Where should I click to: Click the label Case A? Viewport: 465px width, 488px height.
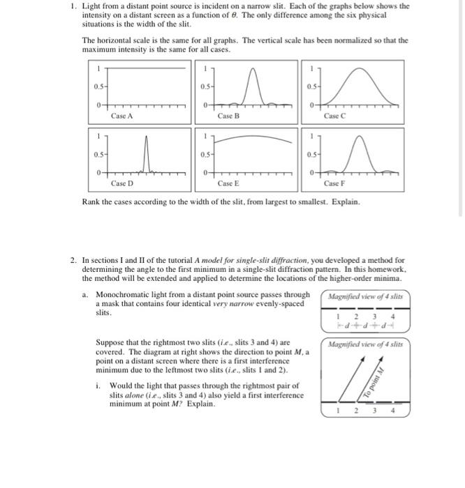(123, 116)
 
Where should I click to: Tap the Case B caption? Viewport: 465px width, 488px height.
(229, 116)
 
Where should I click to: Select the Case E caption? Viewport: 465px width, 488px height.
(229, 183)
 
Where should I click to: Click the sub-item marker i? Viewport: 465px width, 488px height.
(98, 386)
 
